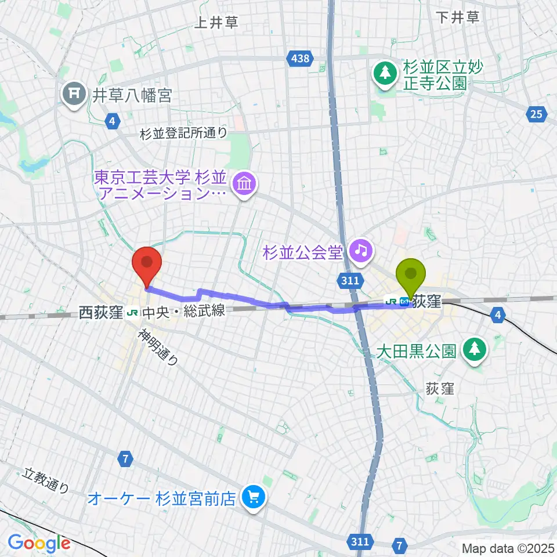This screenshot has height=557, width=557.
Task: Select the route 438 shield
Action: click(x=299, y=57)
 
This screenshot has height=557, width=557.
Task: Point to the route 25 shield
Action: click(x=537, y=114)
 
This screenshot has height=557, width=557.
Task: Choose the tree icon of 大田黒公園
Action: click(x=475, y=350)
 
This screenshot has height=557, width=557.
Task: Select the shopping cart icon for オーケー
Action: click(x=253, y=497)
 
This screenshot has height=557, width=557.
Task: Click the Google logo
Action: click(x=38, y=544)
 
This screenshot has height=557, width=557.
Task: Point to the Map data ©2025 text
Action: click(x=507, y=547)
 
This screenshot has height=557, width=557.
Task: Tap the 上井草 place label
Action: click(x=216, y=23)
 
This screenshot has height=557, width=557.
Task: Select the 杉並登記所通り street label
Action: click(x=184, y=133)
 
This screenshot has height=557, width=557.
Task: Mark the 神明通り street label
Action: click(x=158, y=346)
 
